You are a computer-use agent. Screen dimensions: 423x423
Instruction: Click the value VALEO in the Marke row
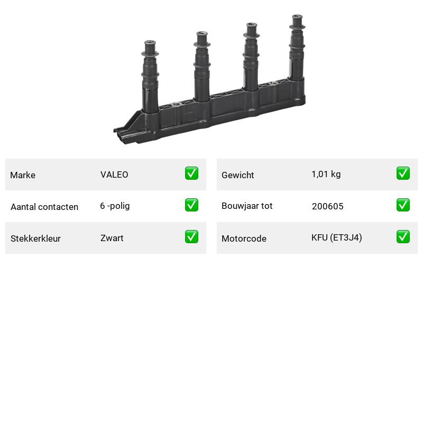click(x=114, y=174)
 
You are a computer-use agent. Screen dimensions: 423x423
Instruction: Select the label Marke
click(x=23, y=175)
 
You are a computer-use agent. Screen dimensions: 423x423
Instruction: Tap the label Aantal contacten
click(x=44, y=207)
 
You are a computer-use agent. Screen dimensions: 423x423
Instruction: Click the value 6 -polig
click(x=115, y=206)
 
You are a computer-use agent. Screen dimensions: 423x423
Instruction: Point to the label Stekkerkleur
click(x=35, y=238)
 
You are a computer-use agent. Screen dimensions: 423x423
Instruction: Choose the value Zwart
click(x=112, y=238)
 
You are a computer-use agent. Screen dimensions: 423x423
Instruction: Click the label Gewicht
click(x=237, y=175)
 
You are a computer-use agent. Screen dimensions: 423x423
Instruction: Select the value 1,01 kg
click(x=326, y=174)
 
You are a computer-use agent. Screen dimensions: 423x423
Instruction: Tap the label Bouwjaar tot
click(x=247, y=206)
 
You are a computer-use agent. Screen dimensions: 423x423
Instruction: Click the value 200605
click(x=327, y=206)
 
